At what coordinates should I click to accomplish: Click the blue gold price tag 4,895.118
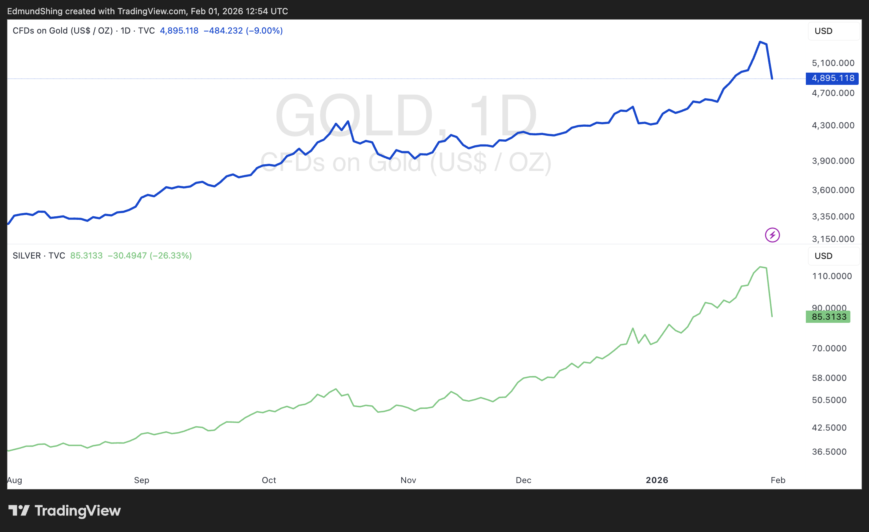[x=832, y=78]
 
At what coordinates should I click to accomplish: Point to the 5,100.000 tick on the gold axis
[x=833, y=63]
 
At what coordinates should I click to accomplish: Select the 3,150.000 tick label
[x=833, y=239]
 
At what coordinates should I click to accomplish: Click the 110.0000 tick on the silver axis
[x=832, y=276]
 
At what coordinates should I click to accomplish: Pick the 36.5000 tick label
[x=829, y=451]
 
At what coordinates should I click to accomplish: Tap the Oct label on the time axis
[x=269, y=480]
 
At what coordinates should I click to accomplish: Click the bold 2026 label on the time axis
[x=657, y=480]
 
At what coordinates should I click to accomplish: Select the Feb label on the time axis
[x=778, y=480]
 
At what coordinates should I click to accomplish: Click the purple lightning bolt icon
[x=772, y=235]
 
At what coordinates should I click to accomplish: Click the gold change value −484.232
[x=223, y=31]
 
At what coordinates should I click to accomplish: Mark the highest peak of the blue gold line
[x=760, y=42]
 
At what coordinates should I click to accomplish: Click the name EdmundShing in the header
[x=35, y=11]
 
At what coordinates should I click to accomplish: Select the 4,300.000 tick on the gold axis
[x=833, y=126]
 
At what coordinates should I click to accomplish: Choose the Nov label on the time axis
[x=408, y=480]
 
